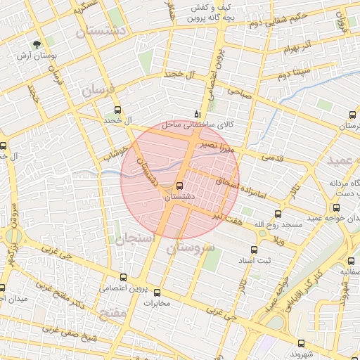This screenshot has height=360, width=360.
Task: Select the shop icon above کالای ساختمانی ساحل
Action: coord(197,113)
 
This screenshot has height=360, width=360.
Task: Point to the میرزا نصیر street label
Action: coord(212,146)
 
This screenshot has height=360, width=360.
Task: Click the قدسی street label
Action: coord(274,157)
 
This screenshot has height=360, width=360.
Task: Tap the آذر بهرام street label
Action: coord(298,51)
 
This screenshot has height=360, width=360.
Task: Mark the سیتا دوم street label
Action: coord(293,74)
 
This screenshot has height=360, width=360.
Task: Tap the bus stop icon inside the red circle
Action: coord(179,186)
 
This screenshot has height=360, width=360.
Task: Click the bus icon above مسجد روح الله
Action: coord(278,214)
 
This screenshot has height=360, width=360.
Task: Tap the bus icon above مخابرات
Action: coord(157,292)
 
